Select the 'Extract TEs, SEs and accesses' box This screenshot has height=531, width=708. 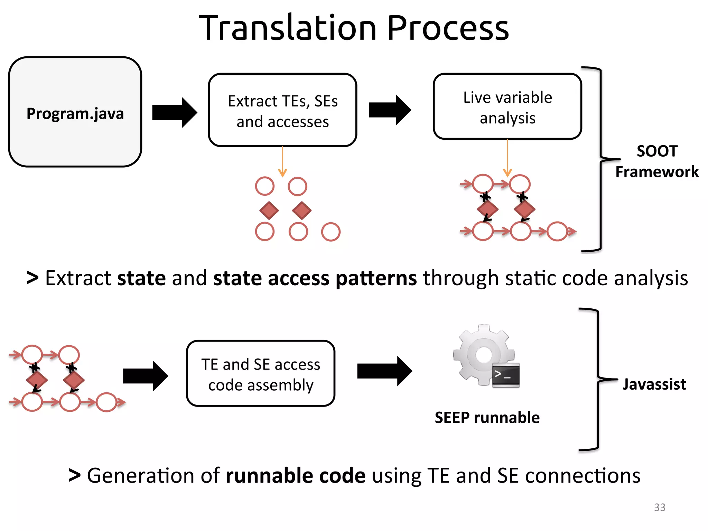coord(282,110)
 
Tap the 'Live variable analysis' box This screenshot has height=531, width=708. coord(507,107)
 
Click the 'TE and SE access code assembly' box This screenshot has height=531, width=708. coord(261,374)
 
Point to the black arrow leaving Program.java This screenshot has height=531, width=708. coord(174,112)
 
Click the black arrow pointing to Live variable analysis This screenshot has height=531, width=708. coord(390,110)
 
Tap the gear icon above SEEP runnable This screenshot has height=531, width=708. coord(483,354)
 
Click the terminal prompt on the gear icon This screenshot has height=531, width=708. coord(506,375)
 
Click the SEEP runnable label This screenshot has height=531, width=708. coord(487,418)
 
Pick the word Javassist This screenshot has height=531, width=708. coord(654,384)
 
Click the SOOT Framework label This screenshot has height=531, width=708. coord(657,161)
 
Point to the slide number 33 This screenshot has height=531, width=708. coord(659,507)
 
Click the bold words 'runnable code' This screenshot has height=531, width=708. coord(296,476)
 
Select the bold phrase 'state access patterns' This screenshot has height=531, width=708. coord(315,278)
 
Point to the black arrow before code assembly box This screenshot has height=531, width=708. coord(145,376)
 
